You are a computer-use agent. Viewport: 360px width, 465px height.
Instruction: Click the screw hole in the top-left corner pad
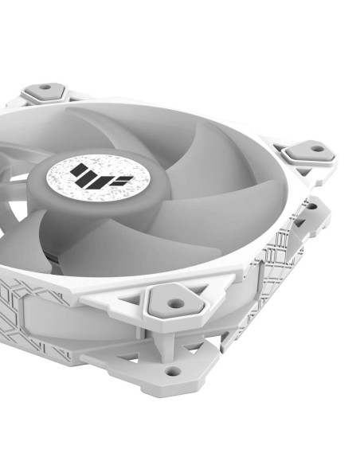click(x=45, y=87)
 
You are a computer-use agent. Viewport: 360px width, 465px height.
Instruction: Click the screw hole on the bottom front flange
click(x=171, y=371)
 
